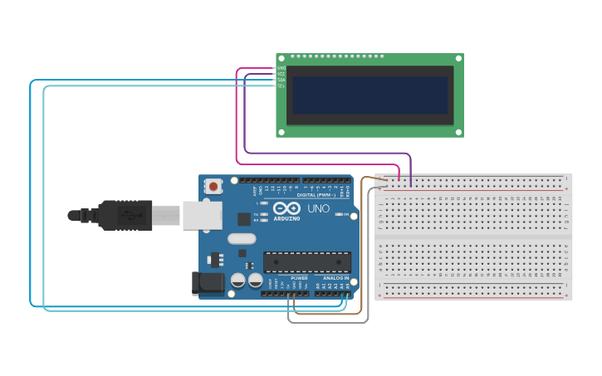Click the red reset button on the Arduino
pos(214,187)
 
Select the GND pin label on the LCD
pos(281,68)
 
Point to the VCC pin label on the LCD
pos(281,74)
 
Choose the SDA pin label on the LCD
pos(281,80)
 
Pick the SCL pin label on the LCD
pos(281,85)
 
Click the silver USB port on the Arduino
pos(202,214)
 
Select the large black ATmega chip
pos(306,262)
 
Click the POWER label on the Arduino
pos(299,278)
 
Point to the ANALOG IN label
pos(335,278)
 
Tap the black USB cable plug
pos(125,215)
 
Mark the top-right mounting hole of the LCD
pos(457,61)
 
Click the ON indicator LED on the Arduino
pos(342,214)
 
